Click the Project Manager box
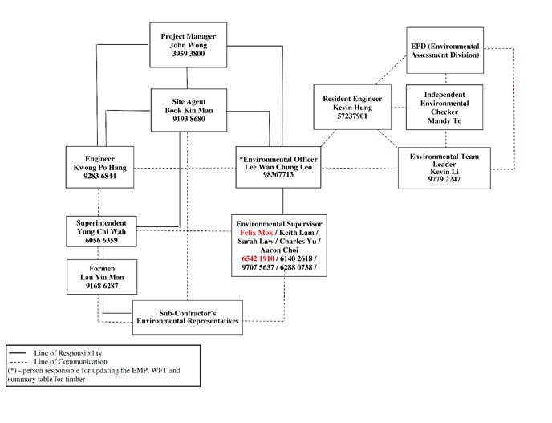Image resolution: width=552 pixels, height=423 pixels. (x=188, y=45)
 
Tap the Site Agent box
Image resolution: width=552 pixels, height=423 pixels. (x=189, y=108)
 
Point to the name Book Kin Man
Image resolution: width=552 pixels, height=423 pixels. (x=189, y=109)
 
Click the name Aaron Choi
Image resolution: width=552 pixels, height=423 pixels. (x=280, y=250)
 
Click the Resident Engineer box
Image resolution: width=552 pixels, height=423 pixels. (x=352, y=106)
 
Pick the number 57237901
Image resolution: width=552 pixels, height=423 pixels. (x=352, y=116)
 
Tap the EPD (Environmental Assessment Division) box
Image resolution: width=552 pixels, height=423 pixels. (x=444, y=51)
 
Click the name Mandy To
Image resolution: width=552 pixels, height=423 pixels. (x=444, y=123)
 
